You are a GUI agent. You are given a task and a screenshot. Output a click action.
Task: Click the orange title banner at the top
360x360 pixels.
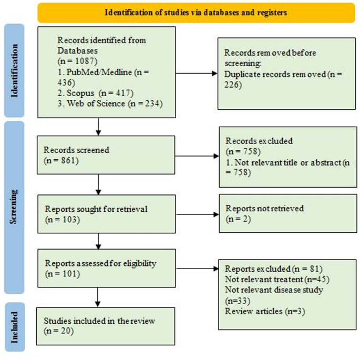[197, 13]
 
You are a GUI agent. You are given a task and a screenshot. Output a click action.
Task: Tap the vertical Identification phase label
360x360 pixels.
[14, 70]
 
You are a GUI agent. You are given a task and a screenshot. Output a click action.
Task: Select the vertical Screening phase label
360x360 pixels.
[14, 207]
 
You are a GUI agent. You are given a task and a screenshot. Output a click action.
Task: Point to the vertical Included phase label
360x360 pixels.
[15, 327]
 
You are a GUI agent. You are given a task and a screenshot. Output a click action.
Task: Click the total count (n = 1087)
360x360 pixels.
[78, 61]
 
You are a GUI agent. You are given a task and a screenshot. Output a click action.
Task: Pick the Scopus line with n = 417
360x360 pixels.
[96, 93]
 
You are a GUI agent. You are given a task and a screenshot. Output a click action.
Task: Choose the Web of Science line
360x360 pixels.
[110, 104]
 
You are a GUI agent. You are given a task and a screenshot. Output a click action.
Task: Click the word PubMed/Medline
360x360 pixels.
[99, 72]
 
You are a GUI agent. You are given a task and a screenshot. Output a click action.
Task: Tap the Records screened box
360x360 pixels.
[106, 155]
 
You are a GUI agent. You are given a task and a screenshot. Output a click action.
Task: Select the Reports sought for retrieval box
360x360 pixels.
[107, 214]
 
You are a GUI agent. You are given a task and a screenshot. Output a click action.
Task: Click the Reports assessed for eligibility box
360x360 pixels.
[107, 268]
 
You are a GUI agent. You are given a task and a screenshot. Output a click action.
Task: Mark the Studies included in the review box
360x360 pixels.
[106, 326]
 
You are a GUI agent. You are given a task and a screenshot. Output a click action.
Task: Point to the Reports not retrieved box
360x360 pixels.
[288, 213]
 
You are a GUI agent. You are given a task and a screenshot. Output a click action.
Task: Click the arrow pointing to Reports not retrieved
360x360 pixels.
[198, 214]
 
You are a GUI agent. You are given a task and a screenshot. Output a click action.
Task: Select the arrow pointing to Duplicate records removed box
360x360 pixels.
[197, 74]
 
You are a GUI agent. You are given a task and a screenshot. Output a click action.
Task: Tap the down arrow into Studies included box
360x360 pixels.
[98, 297]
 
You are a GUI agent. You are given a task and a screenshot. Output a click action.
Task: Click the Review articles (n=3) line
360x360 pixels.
[265, 311]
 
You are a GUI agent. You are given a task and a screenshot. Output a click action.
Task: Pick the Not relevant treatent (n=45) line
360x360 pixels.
[277, 279]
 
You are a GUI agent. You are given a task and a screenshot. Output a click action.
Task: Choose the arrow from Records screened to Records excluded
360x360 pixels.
[197, 156]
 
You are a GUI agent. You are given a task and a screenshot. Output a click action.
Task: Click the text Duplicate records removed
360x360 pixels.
[275, 74]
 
